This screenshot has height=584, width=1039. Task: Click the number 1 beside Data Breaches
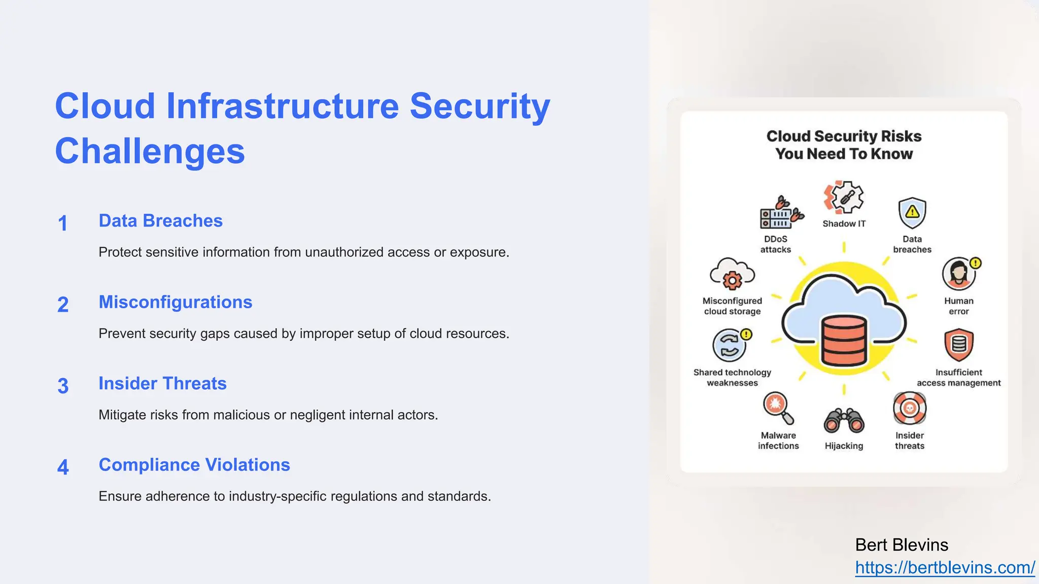point(63,224)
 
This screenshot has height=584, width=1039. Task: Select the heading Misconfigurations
point(175,302)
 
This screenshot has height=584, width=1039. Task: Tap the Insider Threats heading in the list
point(162,384)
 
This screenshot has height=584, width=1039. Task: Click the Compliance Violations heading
point(194,465)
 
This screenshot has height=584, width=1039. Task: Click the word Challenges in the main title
point(150,152)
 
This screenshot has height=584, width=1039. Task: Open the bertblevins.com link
point(945,568)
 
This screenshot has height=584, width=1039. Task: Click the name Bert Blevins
point(902,545)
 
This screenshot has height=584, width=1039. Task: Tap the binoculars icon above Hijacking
point(844,420)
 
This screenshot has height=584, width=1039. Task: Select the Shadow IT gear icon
point(844,198)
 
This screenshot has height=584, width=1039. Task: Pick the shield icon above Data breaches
point(912,213)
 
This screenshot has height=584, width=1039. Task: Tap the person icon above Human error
point(959,274)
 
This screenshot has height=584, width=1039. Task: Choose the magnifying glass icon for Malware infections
point(777,407)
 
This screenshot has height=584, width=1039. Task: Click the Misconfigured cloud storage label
point(732,306)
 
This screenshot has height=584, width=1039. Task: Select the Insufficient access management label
point(958,378)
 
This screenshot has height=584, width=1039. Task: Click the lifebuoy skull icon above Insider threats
point(910,408)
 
